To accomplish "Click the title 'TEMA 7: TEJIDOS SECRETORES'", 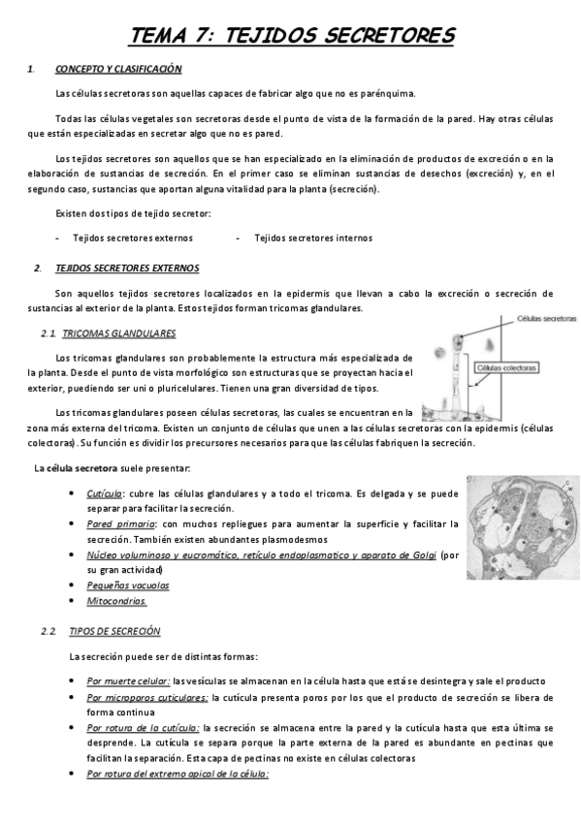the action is (292, 36).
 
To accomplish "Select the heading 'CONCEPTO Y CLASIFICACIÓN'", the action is (118, 70).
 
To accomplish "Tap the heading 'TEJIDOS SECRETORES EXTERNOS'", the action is (127, 268).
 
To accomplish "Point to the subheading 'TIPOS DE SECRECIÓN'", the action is (114, 631).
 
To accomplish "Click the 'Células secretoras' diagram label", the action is (546, 318).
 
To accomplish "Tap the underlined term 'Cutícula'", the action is (105, 494).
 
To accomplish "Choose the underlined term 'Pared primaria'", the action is (116, 524).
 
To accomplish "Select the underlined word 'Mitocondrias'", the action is (116, 601).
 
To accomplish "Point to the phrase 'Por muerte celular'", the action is (128, 680).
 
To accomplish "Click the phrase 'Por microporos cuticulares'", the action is (146, 697).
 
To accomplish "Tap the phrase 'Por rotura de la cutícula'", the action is (143, 727).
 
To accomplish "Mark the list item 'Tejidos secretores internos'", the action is (312, 237).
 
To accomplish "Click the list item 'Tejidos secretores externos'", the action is (133, 237).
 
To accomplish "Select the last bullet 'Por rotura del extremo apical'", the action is (177, 774).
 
